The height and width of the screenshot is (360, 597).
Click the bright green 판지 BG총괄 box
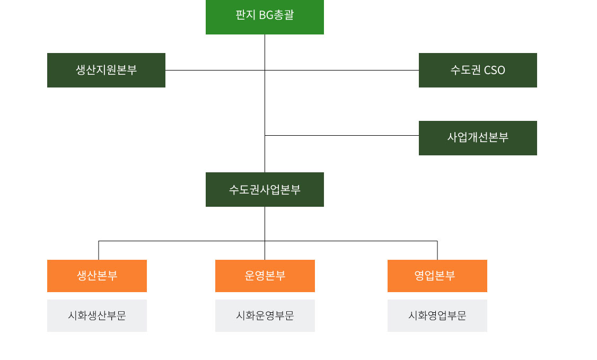point(265,16)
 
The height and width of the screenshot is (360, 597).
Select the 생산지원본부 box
point(106,70)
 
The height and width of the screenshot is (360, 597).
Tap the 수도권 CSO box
point(478,70)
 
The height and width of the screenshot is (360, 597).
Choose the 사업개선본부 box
point(478,138)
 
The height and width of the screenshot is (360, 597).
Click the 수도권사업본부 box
point(265,189)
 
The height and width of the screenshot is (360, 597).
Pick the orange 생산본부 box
point(97,276)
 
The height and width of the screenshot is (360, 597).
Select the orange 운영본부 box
point(265,276)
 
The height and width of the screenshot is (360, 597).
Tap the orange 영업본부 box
point(437,276)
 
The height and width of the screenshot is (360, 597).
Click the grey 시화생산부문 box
point(97,315)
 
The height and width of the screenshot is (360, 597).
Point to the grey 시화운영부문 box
point(265,315)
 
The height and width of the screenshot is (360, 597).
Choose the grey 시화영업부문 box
point(437,315)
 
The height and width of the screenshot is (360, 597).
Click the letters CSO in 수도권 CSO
point(495,70)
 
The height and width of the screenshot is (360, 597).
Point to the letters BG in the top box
point(265,15)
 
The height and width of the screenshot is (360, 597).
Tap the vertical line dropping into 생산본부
point(99,250)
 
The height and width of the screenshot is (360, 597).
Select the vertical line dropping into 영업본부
point(437,250)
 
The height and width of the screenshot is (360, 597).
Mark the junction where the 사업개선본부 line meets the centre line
point(265,136)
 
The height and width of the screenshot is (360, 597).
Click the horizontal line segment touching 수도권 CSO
point(371,70)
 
